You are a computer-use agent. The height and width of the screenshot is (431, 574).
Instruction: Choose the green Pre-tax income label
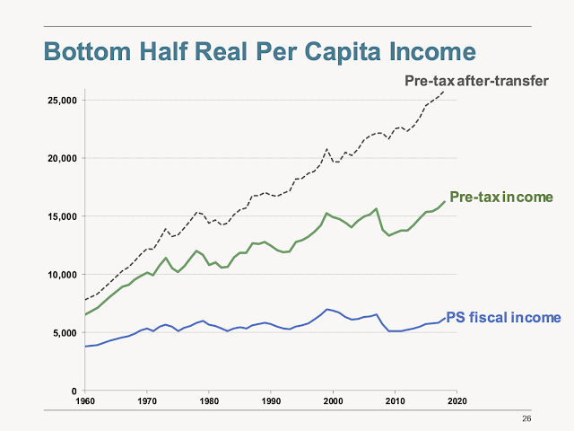pyautogui.click(x=501, y=197)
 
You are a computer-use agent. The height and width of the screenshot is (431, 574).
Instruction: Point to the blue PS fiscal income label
pyautogui.click(x=503, y=317)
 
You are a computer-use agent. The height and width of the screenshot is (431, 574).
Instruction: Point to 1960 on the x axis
pyautogui.click(x=85, y=400)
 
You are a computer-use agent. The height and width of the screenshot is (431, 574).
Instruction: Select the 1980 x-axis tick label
pyautogui.click(x=209, y=400)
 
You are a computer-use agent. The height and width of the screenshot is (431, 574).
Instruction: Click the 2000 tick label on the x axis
pyautogui.click(x=333, y=400)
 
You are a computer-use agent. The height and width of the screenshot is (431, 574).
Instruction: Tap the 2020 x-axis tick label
pyautogui.click(x=457, y=400)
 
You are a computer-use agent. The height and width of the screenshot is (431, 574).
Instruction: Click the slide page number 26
pyautogui.click(x=526, y=418)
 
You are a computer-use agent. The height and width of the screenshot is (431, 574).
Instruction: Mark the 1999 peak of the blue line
pyautogui.click(x=327, y=309)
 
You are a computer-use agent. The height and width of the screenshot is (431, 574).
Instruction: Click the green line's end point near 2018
pyautogui.click(x=445, y=201)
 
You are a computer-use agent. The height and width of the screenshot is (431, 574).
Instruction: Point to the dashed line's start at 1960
pyautogui.click(x=85, y=300)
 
